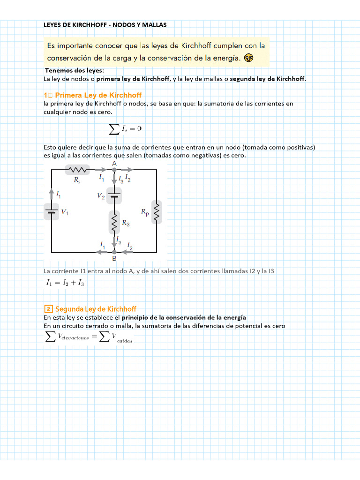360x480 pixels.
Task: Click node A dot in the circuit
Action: (x=114, y=170)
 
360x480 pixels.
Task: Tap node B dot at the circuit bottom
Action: (x=114, y=252)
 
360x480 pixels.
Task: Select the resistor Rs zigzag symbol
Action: (x=76, y=170)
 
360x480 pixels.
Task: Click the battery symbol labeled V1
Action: (x=51, y=211)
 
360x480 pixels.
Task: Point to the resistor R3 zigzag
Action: (x=114, y=222)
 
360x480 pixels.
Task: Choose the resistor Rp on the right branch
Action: (x=157, y=213)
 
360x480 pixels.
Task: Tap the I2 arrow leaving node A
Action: (x=127, y=170)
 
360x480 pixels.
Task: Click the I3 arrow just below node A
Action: (x=114, y=179)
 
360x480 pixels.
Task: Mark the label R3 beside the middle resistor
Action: (x=126, y=224)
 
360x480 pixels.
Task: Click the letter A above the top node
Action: (x=114, y=163)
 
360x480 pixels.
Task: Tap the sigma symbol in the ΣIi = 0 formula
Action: (x=113, y=129)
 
